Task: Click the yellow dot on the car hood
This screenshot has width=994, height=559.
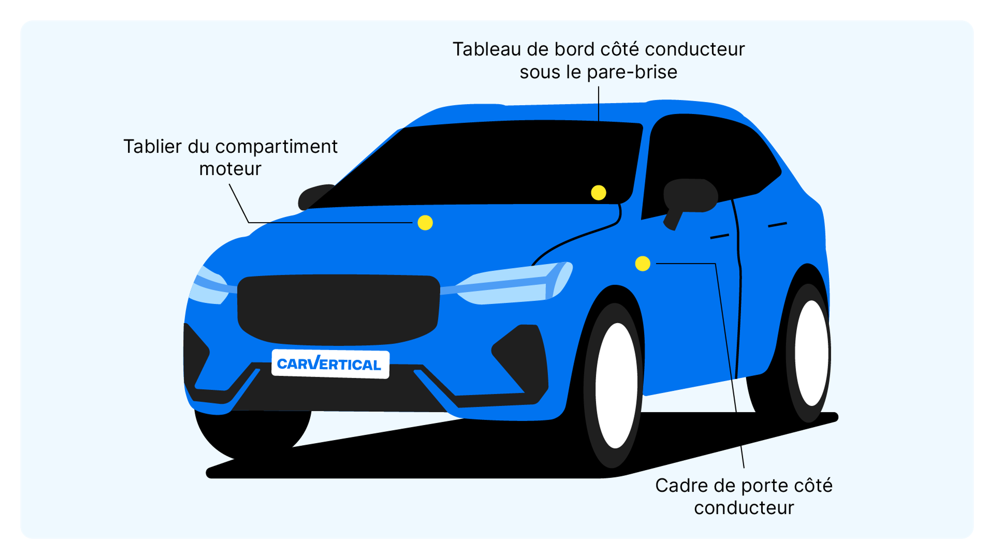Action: [x=425, y=223]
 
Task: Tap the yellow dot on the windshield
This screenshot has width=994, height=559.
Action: [x=598, y=193]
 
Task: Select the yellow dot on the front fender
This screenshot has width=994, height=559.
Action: [x=642, y=263]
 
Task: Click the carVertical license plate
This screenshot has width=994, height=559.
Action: [x=330, y=364]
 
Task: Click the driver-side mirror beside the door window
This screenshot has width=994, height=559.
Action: [x=690, y=197]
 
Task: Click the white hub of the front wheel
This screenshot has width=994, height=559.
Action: [x=616, y=386]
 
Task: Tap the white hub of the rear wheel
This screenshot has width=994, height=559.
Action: [x=812, y=353]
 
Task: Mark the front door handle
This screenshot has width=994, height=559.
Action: [x=719, y=236]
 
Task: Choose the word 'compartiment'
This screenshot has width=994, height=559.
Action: [x=276, y=146]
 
